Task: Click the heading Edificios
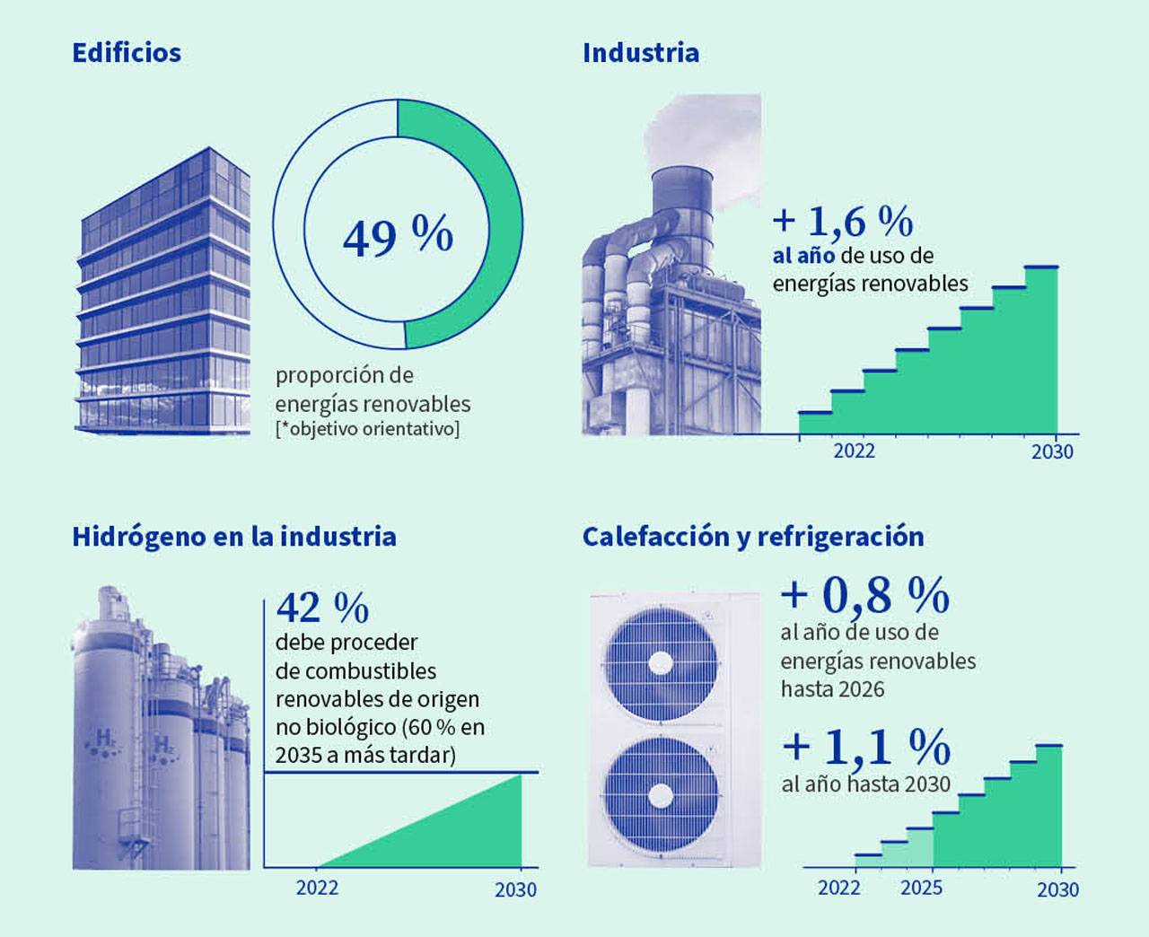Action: point(127,52)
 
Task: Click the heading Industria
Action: point(640,52)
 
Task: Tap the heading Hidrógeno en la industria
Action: point(233,537)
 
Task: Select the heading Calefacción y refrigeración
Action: point(752,537)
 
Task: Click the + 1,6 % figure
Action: point(843,221)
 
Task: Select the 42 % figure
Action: point(322,609)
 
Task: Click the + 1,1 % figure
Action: point(866,746)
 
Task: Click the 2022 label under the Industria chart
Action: point(854,451)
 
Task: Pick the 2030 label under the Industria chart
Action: point(1051,451)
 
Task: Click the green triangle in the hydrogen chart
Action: point(467,835)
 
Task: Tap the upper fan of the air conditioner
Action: point(662,663)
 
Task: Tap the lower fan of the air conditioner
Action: point(662,795)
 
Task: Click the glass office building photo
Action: point(164,292)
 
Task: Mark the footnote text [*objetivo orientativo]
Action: point(367,428)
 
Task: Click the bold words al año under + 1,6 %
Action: point(803,256)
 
